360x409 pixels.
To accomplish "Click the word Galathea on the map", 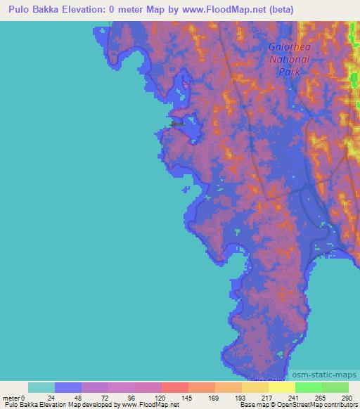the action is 289,48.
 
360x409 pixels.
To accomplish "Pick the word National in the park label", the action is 289,60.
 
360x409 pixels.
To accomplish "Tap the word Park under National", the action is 289,72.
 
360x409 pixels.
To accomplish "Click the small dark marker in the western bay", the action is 177,124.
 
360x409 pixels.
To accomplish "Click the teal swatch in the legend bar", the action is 41,387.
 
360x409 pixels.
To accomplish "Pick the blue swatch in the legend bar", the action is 68,387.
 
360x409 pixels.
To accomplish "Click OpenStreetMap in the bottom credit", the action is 301,405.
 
